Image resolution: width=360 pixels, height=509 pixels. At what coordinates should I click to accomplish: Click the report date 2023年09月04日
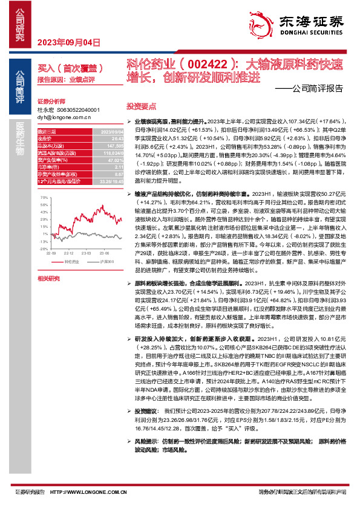(68, 42)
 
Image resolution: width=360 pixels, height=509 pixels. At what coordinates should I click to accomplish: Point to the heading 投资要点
(140, 104)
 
